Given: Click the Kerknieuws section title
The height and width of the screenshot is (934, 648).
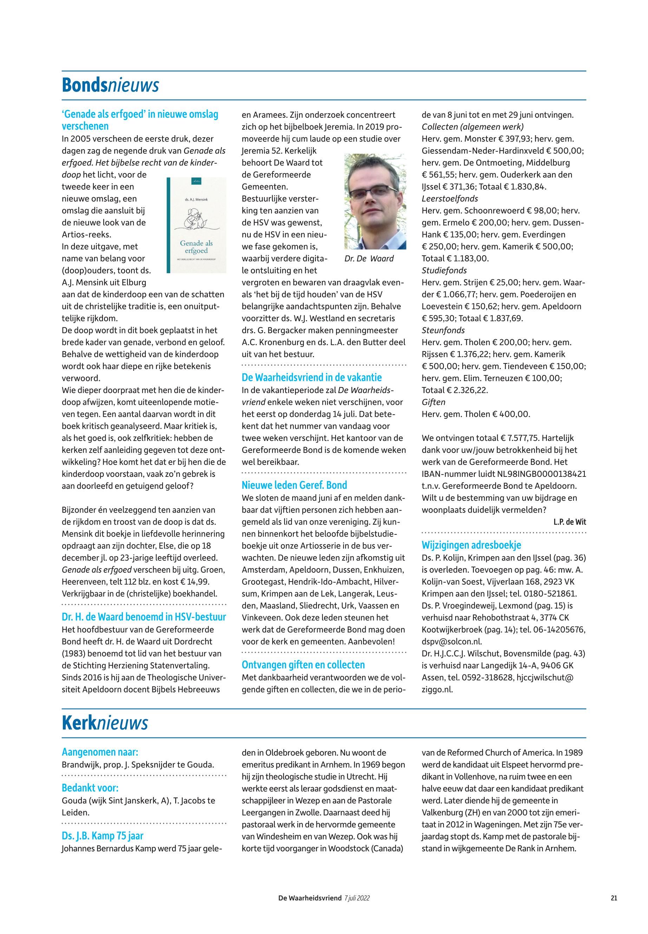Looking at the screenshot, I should click(x=105, y=723).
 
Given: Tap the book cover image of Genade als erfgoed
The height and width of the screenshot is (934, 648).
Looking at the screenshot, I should click(x=197, y=225).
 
